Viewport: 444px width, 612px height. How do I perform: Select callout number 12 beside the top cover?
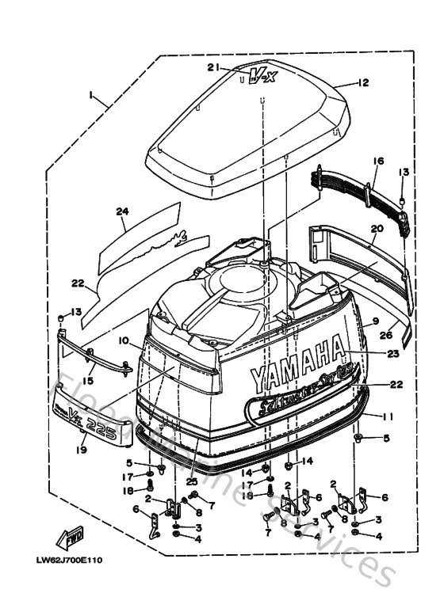click(x=363, y=82)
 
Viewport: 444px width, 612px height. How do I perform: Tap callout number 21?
click(x=212, y=67)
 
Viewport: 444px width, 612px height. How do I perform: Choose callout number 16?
click(x=377, y=161)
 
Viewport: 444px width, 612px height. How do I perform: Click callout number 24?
click(x=121, y=211)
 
